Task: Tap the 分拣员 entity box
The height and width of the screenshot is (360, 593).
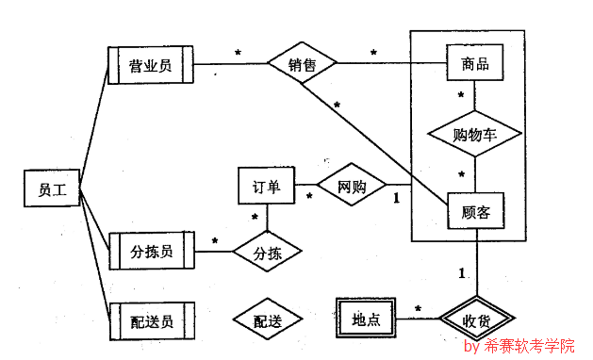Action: click(x=151, y=251)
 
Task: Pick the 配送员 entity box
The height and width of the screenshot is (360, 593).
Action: click(x=151, y=321)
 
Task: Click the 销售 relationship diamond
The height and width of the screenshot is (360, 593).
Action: click(x=302, y=65)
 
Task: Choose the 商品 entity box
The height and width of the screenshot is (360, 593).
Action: click(x=474, y=64)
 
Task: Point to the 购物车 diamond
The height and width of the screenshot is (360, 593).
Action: click(x=474, y=134)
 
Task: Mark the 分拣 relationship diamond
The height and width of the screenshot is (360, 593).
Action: click(x=266, y=252)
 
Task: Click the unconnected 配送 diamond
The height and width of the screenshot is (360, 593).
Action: click(x=266, y=321)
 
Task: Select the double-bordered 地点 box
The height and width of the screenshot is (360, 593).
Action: click(x=365, y=319)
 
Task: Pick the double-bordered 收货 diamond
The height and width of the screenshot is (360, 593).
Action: click(x=474, y=319)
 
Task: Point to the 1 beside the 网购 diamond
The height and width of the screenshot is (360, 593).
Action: click(x=396, y=198)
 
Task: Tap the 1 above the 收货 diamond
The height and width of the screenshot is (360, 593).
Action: click(x=462, y=273)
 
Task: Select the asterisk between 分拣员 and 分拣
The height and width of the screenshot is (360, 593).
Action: click(x=214, y=242)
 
